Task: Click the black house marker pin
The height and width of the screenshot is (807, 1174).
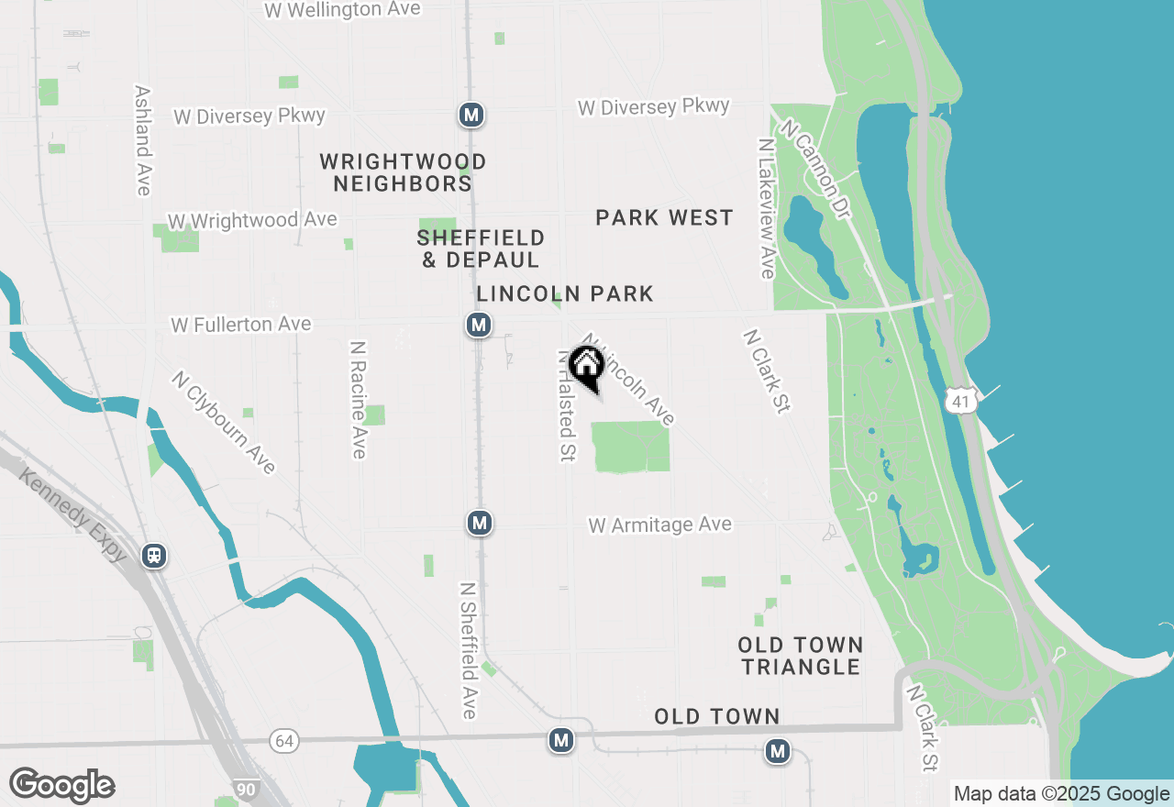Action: tap(586, 367)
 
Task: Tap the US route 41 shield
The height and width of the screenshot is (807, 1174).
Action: tap(959, 399)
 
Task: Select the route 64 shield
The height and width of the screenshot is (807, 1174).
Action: tap(284, 740)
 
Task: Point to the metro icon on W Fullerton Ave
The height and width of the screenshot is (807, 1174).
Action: tap(477, 325)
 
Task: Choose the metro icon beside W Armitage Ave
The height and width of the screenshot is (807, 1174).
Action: tap(478, 523)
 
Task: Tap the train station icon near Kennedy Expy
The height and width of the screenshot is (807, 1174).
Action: tap(154, 556)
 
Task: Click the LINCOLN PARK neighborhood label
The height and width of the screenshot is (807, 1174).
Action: tap(565, 293)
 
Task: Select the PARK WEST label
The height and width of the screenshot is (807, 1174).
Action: tap(664, 217)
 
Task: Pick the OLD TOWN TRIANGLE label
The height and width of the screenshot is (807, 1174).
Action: tap(801, 656)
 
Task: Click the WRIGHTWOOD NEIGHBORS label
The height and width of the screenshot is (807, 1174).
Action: tap(403, 172)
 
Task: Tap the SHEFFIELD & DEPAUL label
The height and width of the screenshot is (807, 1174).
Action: tap(481, 249)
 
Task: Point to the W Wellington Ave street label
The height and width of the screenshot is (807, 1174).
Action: tap(342, 10)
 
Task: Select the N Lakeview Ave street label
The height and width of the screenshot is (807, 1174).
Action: tap(767, 208)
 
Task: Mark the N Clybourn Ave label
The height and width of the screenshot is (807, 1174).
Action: tap(224, 422)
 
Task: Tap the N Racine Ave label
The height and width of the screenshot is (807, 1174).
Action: tap(358, 400)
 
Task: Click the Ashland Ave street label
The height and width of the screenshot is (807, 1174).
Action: tap(142, 140)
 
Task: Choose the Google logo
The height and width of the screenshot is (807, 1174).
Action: tap(61, 785)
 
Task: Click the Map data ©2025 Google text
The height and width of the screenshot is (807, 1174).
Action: tap(1061, 794)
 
